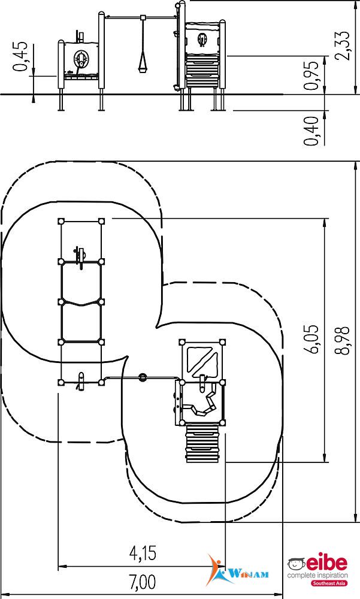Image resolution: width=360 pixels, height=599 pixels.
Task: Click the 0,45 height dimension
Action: coord(21,56)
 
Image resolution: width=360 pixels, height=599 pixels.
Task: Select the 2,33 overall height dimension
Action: coord(341,46)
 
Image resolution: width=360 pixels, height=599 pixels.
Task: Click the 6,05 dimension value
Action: coord(312,340)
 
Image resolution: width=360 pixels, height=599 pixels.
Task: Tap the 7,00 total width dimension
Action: coord(143,583)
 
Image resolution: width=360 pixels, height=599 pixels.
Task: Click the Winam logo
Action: coord(237,570)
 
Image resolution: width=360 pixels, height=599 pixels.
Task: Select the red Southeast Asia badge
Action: coord(329,583)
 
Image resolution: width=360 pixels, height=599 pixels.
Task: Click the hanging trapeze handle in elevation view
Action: coord(143,63)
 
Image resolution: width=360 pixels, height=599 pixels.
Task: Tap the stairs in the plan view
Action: coord(202,443)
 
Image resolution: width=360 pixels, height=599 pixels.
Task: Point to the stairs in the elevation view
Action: coord(202,71)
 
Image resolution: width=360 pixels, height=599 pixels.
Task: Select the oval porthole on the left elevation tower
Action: coord(81,58)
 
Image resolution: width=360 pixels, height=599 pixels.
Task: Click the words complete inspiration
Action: coord(317,575)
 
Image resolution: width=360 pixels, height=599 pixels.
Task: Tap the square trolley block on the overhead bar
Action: coord(143,17)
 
